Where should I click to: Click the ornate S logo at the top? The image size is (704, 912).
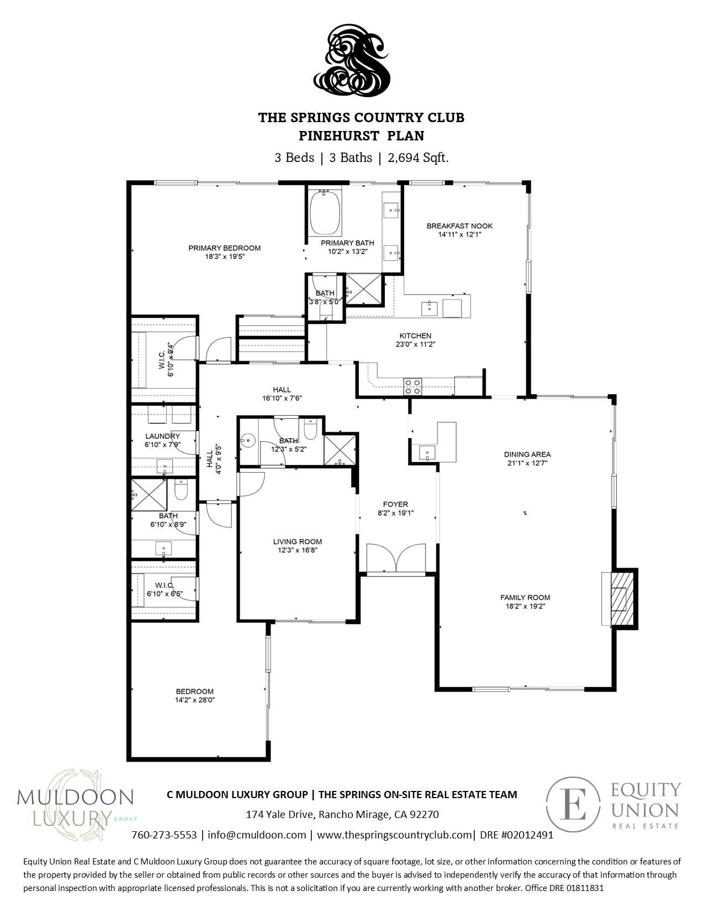tap(352, 61)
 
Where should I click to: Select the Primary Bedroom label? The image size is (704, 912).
tap(224, 248)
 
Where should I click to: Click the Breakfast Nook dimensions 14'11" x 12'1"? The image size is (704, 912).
tap(459, 234)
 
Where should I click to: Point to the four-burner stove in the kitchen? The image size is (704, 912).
tap(412, 386)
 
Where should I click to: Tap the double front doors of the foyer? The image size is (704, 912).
tap(396, 558)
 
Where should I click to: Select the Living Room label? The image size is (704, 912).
tap(298, 542)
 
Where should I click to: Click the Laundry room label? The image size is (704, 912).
tap(162, 436)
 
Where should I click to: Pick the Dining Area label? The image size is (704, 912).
tap(527, 454)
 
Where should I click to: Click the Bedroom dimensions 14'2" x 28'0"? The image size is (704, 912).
tap(195, 700)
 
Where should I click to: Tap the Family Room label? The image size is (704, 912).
tap(525, 597)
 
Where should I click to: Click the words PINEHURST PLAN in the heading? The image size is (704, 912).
tap(361, 135)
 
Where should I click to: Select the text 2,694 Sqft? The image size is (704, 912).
tap(418, 158)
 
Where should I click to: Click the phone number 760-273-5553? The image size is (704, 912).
tap(164, 835)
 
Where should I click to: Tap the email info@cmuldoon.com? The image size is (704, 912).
tap(257, 835)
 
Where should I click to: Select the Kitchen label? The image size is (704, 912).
tap(415, 336)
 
